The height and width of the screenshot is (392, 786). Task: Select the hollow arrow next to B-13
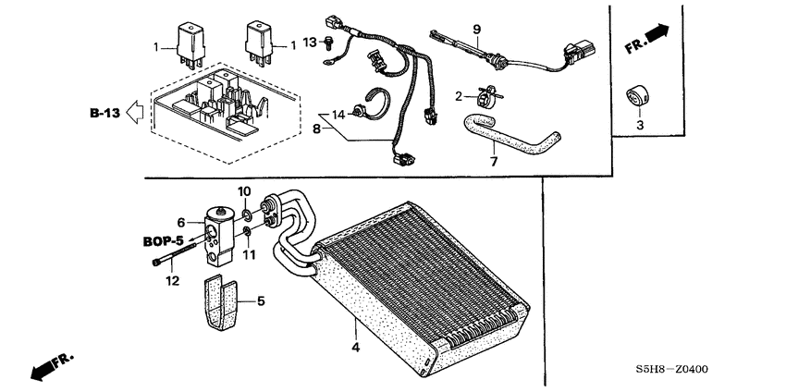(134, 113)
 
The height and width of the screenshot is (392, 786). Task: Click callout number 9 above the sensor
(476, 31)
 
